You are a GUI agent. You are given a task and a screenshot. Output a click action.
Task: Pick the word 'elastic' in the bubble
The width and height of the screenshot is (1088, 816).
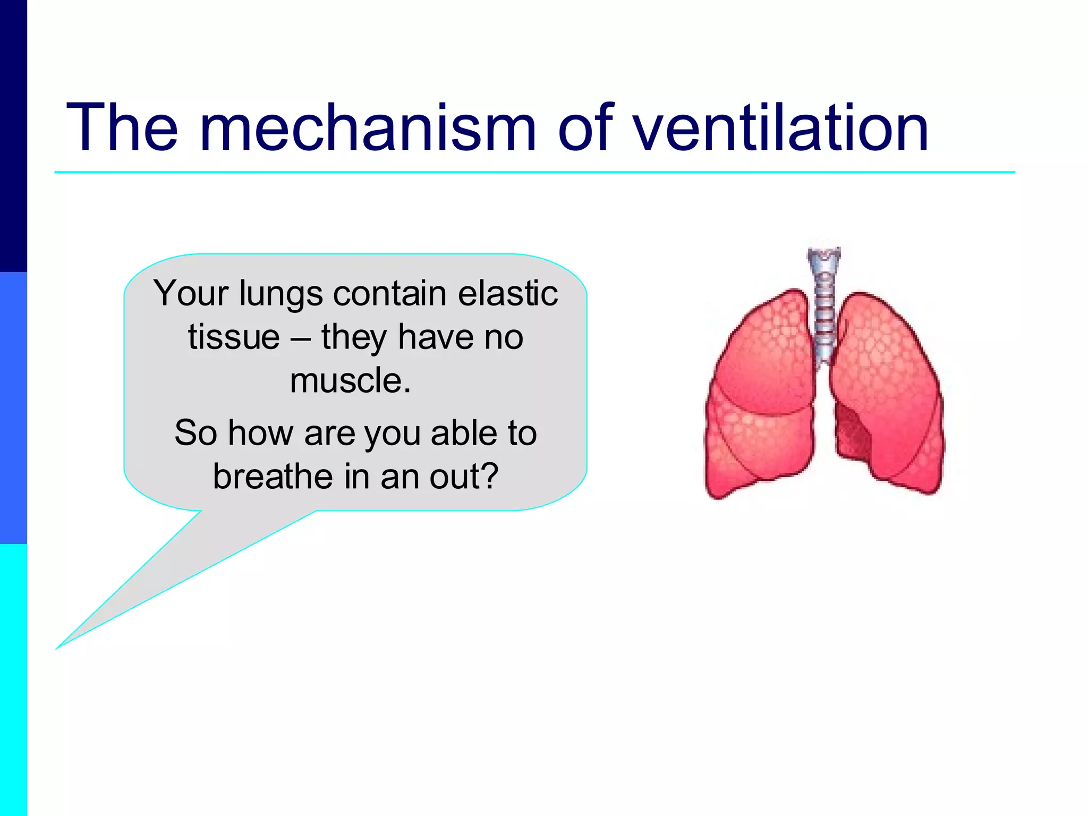(508, 293)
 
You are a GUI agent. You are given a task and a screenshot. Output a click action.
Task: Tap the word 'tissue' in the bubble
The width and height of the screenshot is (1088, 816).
(234, 337)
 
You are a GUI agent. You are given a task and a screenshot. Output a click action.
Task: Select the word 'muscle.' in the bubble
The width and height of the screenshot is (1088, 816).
(351, 381)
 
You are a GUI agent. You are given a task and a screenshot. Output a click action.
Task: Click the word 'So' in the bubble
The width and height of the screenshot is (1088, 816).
(195, 432)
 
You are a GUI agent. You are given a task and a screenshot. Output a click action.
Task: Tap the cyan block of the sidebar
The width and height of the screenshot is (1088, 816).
(13, 680)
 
